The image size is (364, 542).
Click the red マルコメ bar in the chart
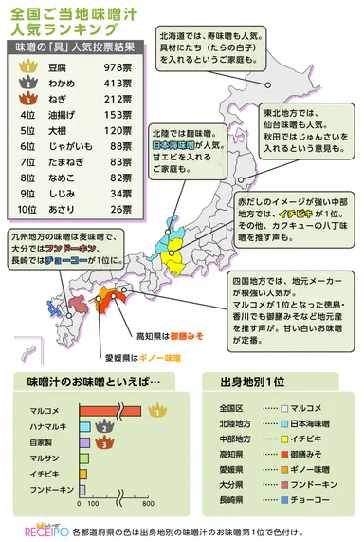pos(107,409)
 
